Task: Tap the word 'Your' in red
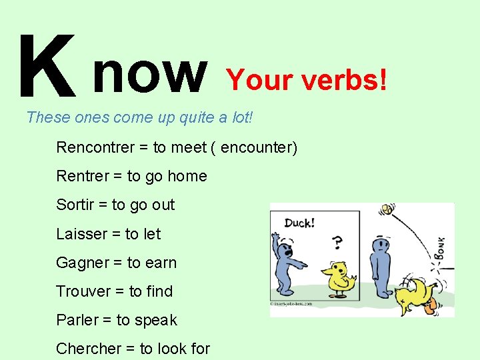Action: point(260,80)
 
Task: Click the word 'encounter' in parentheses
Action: point(255,147)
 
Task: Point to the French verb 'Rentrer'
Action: point(83,176)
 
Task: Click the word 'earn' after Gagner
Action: point(161,263)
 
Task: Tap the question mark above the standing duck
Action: point(338,241)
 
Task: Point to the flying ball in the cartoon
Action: point(387,211)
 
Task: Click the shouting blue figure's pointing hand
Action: point(304,265)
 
